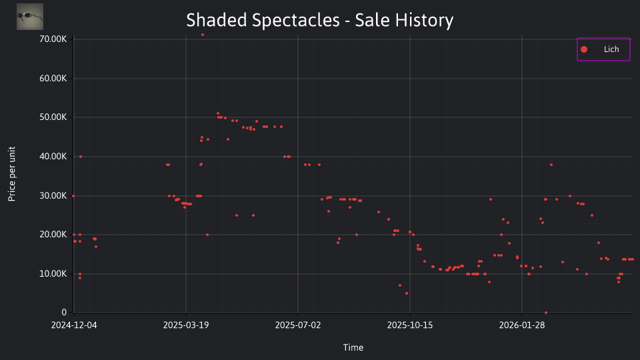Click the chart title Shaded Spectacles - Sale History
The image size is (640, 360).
319,20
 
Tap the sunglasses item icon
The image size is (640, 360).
30,17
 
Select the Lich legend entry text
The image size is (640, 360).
611,49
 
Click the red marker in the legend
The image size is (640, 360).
584,49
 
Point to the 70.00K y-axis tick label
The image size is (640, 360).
53,39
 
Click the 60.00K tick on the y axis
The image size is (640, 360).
53,79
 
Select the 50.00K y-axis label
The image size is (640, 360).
53,117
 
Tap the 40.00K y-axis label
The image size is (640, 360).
53,156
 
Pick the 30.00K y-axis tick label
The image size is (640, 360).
53,195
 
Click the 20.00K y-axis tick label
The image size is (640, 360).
53,234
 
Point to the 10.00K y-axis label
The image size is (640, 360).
53,273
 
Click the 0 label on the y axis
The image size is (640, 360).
64,312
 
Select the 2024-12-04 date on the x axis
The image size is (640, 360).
74,325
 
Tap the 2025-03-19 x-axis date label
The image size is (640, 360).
186,325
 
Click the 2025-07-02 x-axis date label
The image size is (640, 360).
298,325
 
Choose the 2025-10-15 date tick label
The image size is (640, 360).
410,325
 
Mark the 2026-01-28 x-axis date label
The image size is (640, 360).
522,325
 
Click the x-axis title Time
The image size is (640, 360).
353,347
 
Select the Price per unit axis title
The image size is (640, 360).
12,174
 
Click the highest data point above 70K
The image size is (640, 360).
203,35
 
